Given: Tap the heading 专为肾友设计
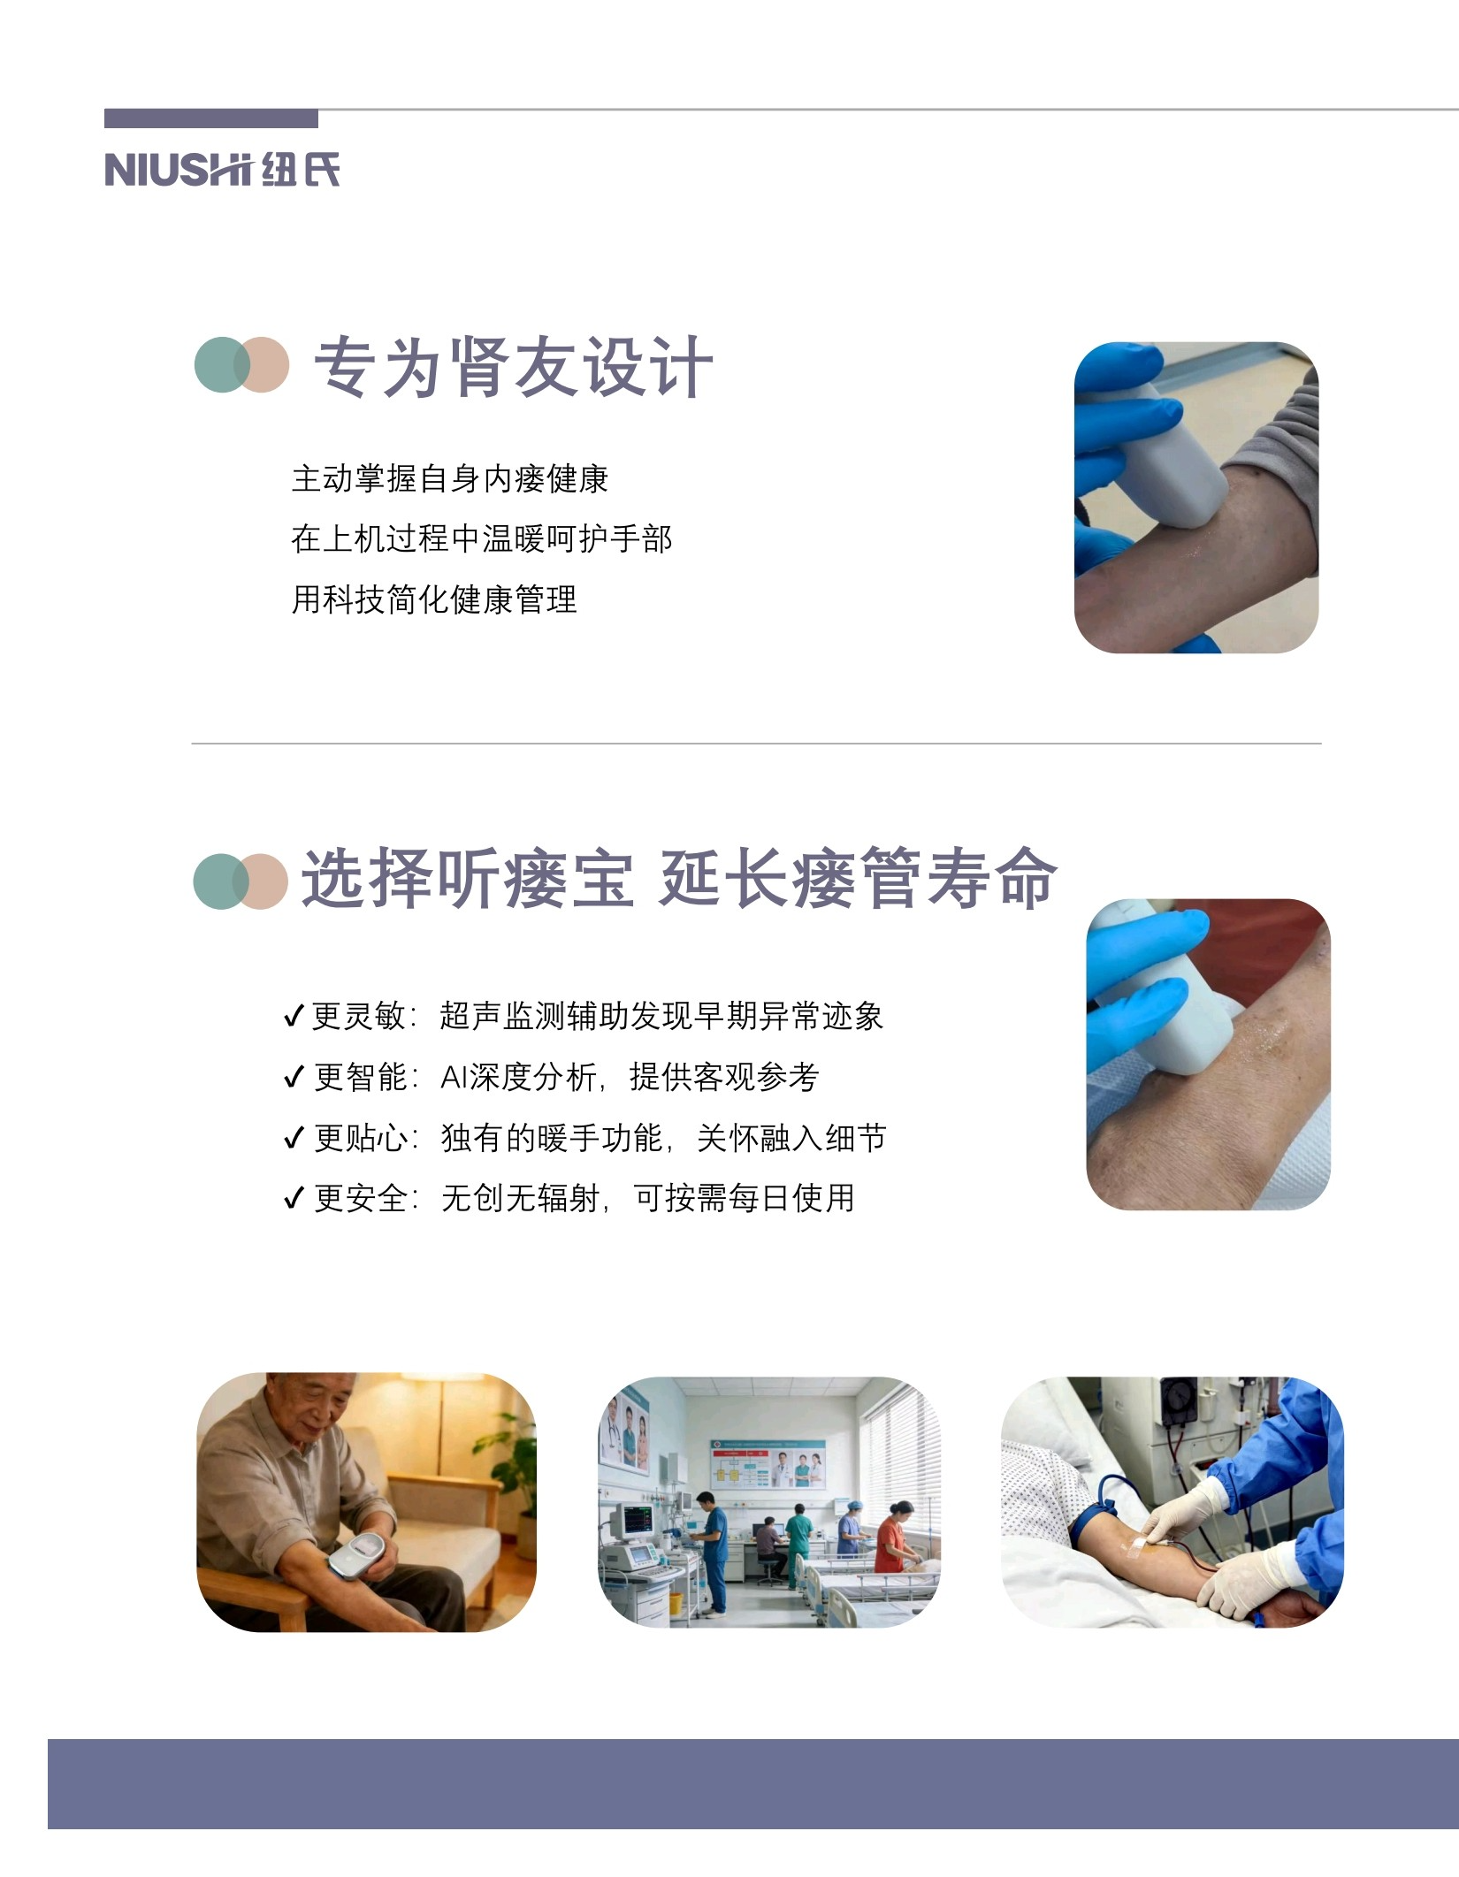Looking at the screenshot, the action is (513, 366).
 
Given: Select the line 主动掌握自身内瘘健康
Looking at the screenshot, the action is (450, 478).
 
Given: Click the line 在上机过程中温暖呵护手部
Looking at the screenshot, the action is (482, 538).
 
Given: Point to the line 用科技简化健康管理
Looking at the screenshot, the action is (434, 599).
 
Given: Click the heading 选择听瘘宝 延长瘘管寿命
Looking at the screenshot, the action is (679, 878).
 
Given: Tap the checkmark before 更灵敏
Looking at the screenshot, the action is (294, 1017).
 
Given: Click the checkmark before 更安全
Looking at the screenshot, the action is (294, 1199).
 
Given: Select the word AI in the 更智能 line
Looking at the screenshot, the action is (454, 1077).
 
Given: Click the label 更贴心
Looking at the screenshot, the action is (362, 1138).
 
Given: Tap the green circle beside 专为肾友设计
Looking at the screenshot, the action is (221, 364).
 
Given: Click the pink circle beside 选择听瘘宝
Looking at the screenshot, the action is (262, 881).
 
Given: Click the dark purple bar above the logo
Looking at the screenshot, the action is (211, 118).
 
